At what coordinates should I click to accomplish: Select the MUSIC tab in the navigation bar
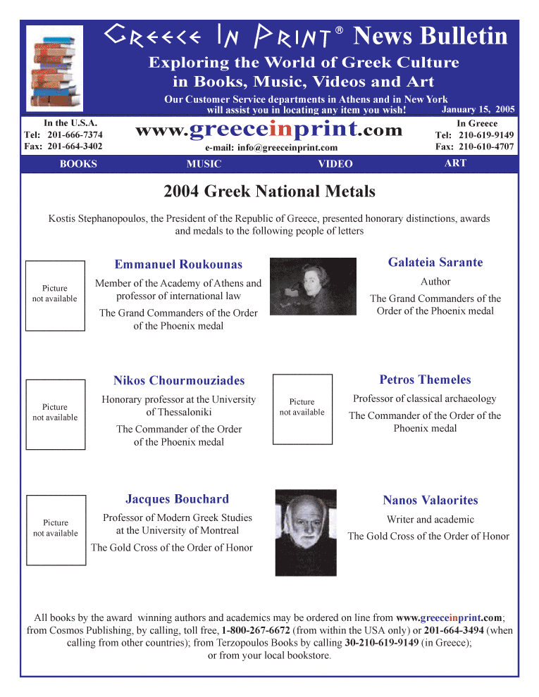coord(204,164)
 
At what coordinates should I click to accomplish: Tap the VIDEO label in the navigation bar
coord(335,164)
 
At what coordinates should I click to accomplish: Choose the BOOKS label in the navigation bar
coord(78,164)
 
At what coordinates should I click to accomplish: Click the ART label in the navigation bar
coord(455,163)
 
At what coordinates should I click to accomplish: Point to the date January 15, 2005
coord(478,110)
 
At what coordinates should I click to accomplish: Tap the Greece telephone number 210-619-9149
coord(486,135)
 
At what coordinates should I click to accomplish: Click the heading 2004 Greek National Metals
coord(269,191)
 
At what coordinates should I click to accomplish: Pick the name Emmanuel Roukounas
coord(178,265)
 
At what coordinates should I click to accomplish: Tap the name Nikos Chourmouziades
coord(179,381)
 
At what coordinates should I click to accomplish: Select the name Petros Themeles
coord(425,380)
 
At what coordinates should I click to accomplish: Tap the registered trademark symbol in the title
coord(340,30)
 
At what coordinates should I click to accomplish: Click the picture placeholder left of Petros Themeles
coord(302,408)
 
